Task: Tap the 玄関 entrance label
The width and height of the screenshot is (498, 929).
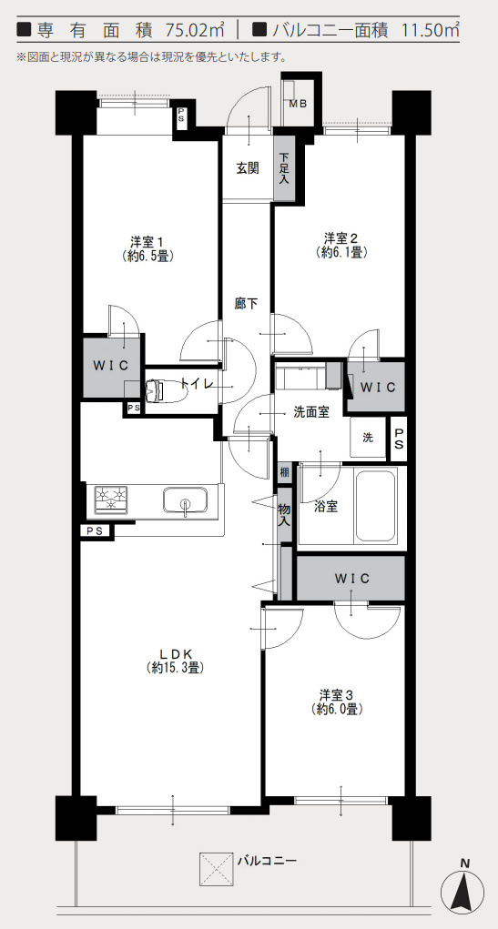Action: [x=248, y=168]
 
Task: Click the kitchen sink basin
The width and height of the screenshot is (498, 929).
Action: [x=186, y=500]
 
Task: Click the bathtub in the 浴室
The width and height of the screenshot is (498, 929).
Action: [x=375, y=505]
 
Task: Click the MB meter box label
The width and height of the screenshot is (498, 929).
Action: [x=298, y=105]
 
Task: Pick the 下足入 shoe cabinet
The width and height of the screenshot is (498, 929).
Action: [x=284, y=168]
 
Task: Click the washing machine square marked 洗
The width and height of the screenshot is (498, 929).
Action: [x=368, y=438]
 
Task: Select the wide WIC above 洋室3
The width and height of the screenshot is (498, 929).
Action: [x=351, y=579]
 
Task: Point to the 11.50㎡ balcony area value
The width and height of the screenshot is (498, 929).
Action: [x=425, y=28]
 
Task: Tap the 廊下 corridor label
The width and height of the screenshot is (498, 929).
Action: [x=246, y=304]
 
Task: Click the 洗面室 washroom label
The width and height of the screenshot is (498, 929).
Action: [x=311, y=413]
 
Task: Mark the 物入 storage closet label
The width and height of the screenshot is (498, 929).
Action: [x=285, y=514]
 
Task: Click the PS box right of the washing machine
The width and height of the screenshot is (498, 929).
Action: [x=399, y=439]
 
